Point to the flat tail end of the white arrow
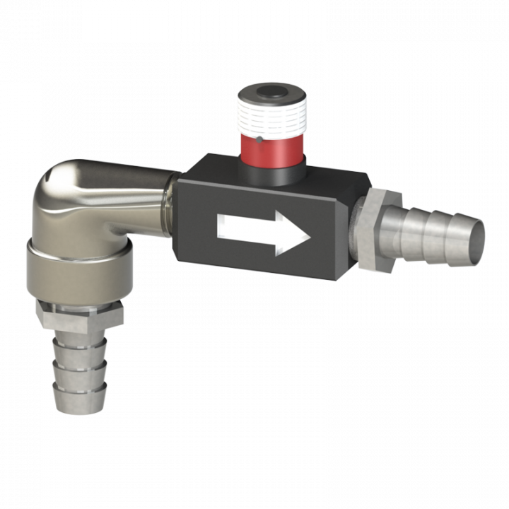point(219,226)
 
